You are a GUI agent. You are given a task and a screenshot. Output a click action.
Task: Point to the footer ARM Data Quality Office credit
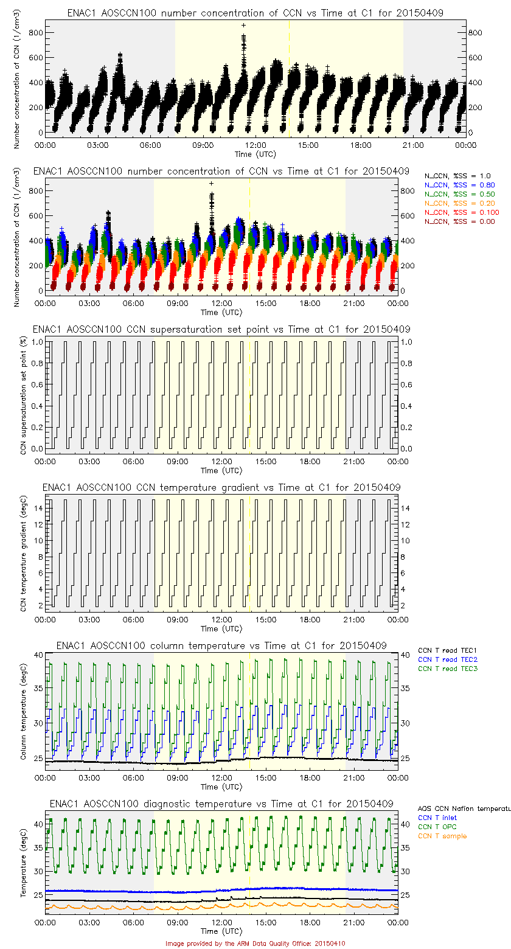(255, 944)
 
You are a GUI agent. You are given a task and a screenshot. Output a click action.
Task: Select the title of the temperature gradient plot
(221, 487)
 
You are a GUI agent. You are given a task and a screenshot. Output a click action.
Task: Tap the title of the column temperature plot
(221, 645)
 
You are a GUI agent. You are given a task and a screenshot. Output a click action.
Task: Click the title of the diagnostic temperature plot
(221, 803)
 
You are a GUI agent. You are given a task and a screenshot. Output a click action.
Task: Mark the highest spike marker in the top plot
(243, 26)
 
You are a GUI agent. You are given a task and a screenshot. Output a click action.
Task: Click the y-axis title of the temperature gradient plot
(24, 554)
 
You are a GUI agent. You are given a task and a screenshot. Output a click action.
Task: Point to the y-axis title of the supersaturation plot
(24, 395)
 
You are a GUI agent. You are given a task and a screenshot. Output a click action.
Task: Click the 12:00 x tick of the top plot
(255, 145)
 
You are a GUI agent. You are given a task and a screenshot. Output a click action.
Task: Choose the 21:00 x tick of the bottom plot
(354, 922)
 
